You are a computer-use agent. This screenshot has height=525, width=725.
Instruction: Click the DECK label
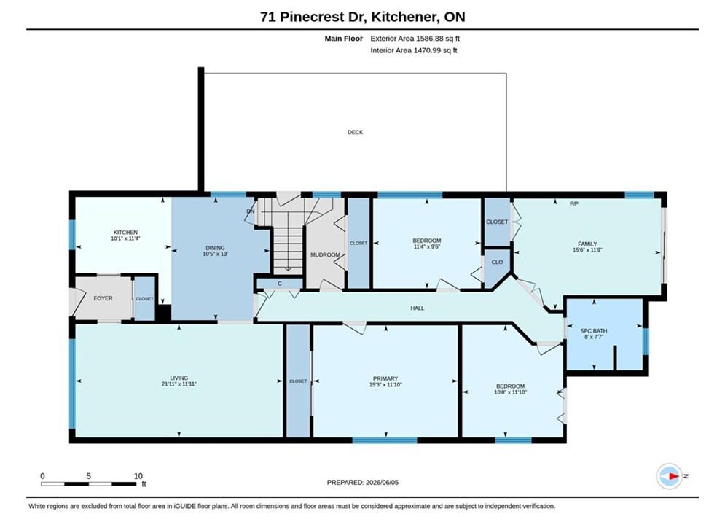(355, 132)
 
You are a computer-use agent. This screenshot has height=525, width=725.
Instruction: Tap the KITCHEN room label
(125, 232)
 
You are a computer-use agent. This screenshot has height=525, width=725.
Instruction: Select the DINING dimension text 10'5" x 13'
(215, 254)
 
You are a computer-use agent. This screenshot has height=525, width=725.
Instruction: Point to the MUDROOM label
(325, 255)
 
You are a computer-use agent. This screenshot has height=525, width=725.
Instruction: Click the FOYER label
(103, 298)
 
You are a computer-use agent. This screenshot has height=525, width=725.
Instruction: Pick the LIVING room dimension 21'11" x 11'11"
(179, 384)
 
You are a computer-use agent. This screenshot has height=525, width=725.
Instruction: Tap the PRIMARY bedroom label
(385, 378)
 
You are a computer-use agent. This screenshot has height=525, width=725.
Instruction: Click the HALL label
(417, 308)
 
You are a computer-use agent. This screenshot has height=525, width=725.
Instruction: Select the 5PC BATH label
(594, 331)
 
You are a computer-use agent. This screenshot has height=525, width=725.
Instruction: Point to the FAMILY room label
(587, 244)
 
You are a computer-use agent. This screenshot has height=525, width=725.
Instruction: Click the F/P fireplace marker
(573, 203)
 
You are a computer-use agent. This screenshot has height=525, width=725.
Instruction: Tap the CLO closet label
(497, 262)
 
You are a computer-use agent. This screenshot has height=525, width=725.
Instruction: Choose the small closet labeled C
(280, 284)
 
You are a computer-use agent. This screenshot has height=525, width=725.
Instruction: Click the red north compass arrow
(674, 476)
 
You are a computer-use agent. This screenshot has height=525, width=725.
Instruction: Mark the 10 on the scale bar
(138, 476)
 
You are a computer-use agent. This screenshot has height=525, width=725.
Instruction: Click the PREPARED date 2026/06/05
(382, 483)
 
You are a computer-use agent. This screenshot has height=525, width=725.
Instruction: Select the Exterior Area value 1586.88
(428, 39)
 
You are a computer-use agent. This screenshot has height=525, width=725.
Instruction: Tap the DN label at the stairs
(251, 211)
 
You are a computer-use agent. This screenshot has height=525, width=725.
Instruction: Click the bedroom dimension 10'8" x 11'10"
(511, 392)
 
